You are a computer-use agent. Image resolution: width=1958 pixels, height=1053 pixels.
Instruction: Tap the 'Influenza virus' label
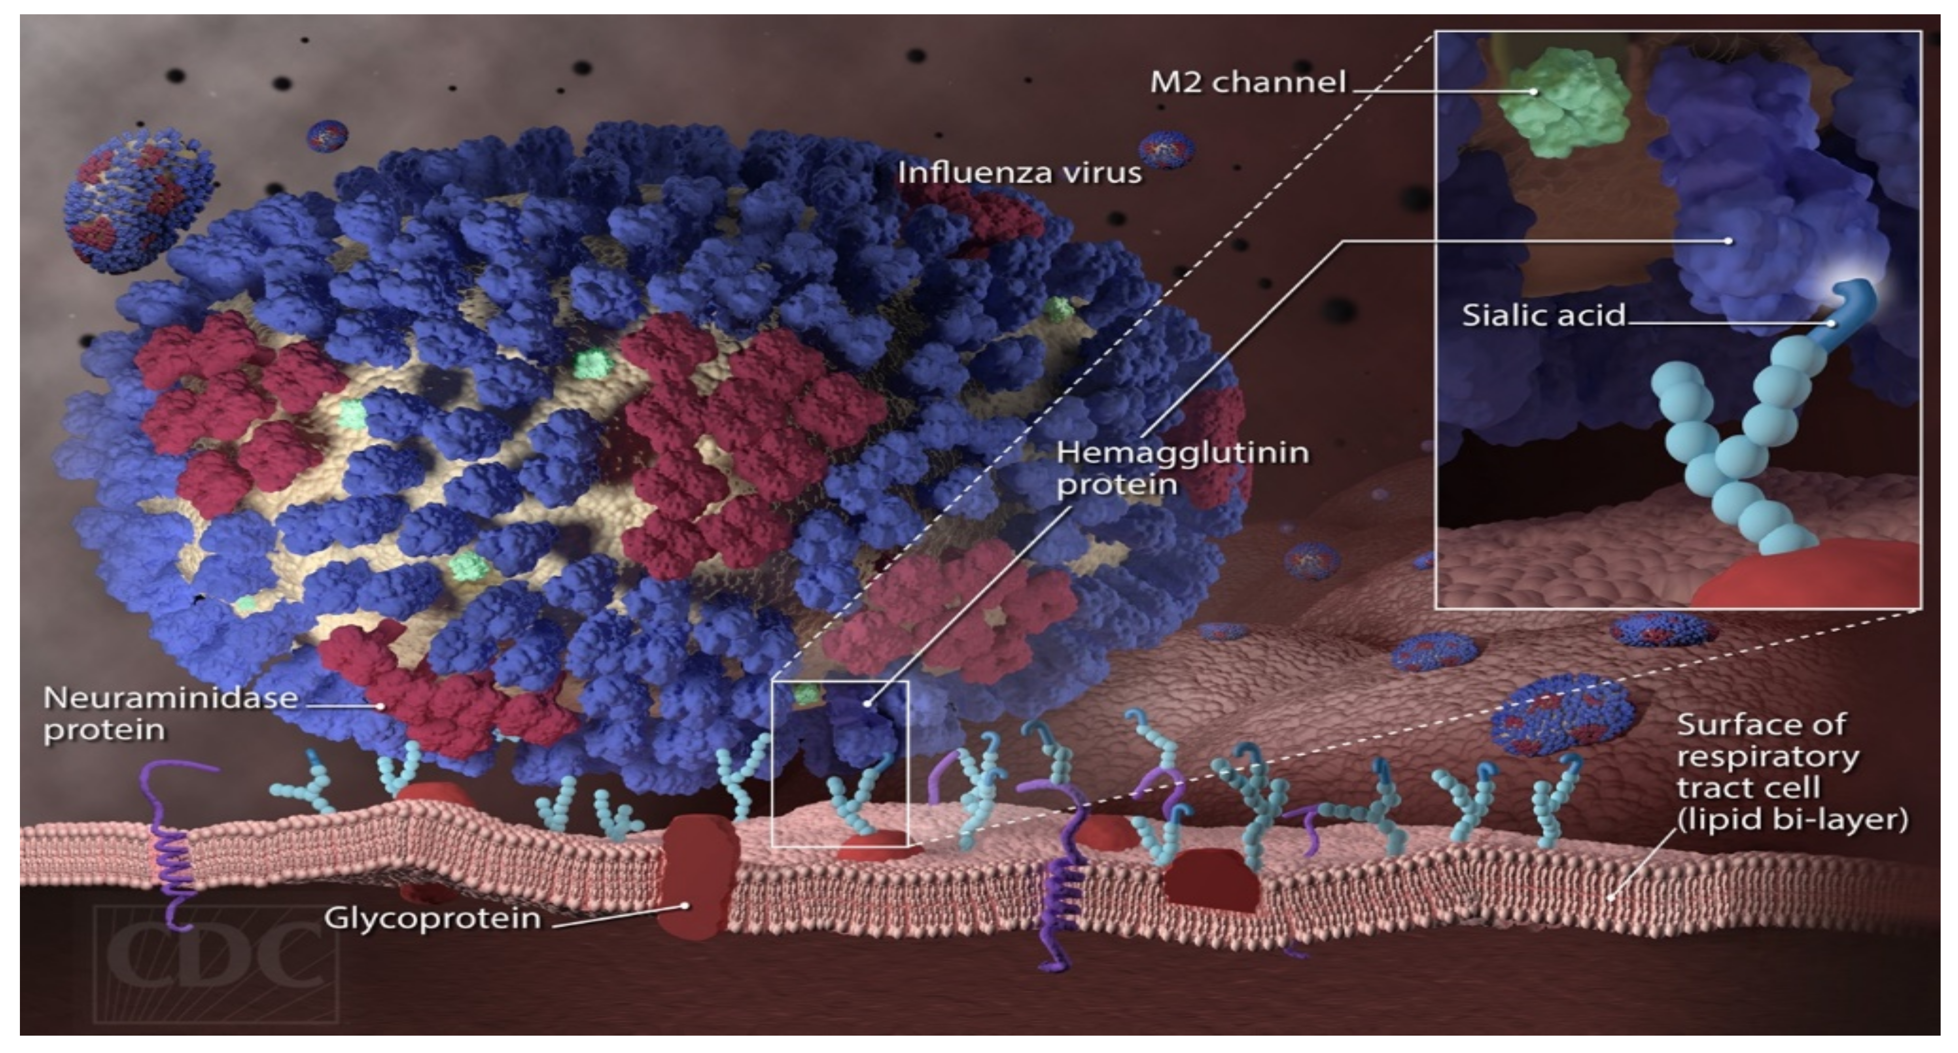(1019, 173)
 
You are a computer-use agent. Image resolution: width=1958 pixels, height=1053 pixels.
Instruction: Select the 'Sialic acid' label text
(1543, 315)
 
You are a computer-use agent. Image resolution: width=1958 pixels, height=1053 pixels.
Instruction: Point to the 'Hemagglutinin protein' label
(1182, 468)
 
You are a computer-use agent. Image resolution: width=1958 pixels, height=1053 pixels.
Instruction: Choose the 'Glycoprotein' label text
(432, 918)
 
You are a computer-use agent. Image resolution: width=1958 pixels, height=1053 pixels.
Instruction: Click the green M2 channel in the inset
(1566, 103)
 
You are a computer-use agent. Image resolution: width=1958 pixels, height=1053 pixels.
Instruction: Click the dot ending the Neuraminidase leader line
(381, 706)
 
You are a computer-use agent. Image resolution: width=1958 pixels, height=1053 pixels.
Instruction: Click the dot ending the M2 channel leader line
(1534, 92)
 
